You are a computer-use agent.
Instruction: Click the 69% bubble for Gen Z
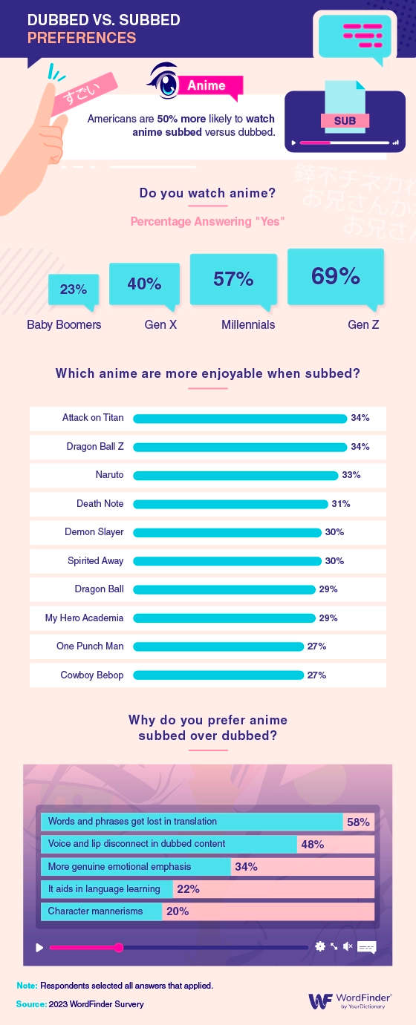coord(336,277)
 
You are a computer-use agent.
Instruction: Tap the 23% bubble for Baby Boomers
coord(74,289)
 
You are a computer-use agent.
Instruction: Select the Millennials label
coord(248,325)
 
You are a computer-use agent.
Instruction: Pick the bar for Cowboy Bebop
coord(218,675)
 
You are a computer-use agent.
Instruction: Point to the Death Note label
coord(100,503)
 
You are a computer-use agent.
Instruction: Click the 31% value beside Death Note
coord(341,504)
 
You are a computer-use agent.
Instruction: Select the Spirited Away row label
coord(96,560)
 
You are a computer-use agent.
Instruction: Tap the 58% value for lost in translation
coord(358,822)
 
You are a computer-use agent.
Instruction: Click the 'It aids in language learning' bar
coord(107,889)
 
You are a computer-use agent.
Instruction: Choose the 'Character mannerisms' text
coord(95,911)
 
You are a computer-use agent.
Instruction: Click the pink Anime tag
coord(207,85)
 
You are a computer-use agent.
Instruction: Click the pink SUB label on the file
coord(345,120)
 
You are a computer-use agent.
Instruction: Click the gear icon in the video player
coord(320,946)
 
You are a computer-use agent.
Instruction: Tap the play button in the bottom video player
coord(39,947)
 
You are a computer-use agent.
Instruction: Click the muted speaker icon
coord(347,946)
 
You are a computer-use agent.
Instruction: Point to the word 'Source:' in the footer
coord(30,1004)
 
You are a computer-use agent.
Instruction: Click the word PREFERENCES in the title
coord(82,37)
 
